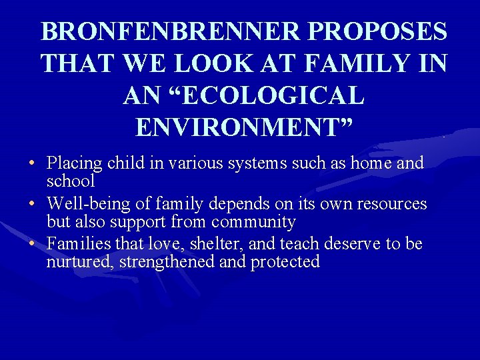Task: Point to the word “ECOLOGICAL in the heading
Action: pos(244,95)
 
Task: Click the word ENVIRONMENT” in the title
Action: pos(244,126)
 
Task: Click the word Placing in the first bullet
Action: pos(73,163)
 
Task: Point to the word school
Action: pos(71,181)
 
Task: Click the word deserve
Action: pos(353,244)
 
